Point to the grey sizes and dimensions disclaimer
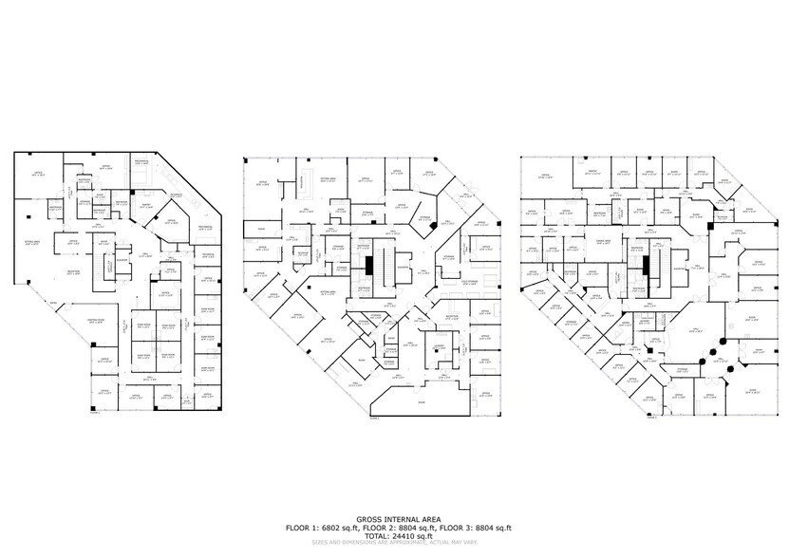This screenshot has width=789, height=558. [x=394, y=543]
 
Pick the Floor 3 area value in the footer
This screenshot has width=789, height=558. [x=493, y=528]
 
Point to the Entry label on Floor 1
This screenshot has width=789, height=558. [x=54, y=304]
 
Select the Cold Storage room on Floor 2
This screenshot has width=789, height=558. [x=468, y=283]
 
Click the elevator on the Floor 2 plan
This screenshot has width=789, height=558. [x=402, y=267]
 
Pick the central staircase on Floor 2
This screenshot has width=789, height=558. [x=383, y=260]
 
